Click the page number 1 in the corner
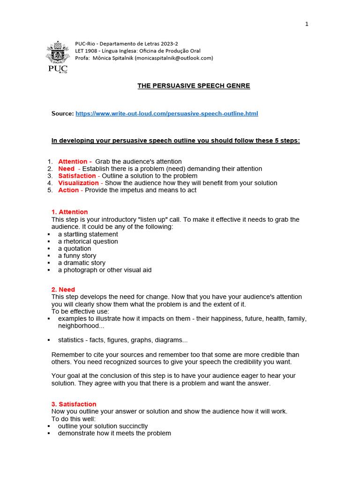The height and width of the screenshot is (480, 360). (307, 24)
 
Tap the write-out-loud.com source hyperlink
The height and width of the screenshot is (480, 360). (166, 114)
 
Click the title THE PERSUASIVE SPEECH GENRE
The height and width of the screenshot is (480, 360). (194, 86)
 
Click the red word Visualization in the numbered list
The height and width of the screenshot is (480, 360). (78, 183)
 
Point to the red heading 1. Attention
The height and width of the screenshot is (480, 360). (69, 212)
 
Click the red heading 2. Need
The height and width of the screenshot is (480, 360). (63, 290)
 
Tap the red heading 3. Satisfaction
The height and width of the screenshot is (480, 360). (74, 405)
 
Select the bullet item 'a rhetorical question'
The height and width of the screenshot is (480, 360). (88, 242)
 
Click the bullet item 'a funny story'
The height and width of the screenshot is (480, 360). (77, 256)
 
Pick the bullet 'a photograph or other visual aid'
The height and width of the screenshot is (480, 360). (105, 270)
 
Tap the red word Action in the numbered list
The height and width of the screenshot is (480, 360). (68, 190)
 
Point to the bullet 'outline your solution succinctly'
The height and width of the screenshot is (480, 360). (103, 427)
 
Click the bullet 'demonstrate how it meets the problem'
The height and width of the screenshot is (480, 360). (114, 434)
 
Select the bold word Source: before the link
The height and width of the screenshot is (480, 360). (62, 114)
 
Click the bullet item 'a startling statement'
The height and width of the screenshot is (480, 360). (88, 234)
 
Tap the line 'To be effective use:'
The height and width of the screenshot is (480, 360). (80, 312)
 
